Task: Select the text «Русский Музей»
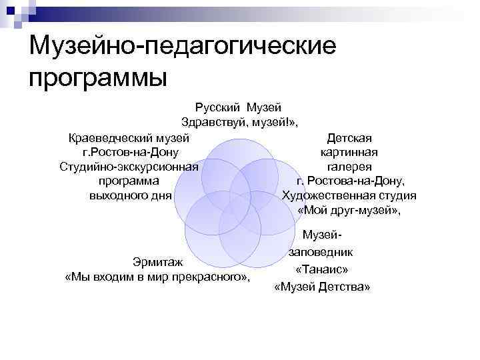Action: point(239,107)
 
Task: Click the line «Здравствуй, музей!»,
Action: point(239,123)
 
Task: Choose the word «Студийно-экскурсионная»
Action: point(129,167)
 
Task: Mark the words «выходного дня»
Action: point(130,195)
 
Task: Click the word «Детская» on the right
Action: point(349,138)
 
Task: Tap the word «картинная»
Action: point(349,152)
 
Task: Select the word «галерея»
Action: point(349,167)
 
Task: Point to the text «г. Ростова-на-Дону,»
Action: point(349,181)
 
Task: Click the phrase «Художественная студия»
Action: point(349,195)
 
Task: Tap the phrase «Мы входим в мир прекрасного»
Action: point(157,277)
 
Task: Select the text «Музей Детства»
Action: point(322,287)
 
